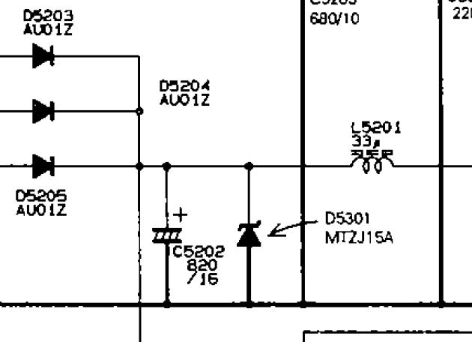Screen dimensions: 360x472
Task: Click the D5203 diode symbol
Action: coord(43,55)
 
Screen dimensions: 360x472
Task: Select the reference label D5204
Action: coord(184,87)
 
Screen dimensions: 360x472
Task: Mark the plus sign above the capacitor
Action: coord(181,215)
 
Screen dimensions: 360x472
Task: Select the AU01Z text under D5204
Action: coord(184,100)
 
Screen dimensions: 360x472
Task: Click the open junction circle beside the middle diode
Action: coord(140,110)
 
